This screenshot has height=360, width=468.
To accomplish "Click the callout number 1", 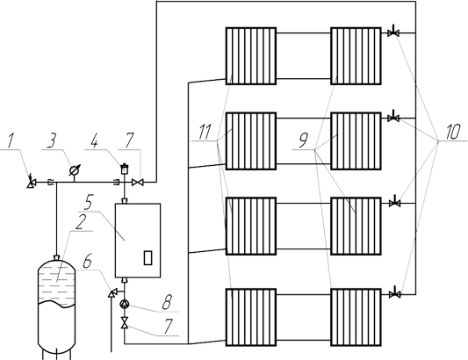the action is [x=11, y=140].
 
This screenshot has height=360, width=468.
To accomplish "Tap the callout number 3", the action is [x=52, y=140].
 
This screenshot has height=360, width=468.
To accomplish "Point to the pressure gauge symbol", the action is [x=74, y=170].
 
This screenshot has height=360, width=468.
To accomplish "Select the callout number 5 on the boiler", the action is [x=88, y=202].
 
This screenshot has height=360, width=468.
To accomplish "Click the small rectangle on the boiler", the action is [x=148, y=258].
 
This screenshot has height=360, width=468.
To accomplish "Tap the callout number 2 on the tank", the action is [x=81, y=222].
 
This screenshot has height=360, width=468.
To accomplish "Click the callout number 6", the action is [x=87, y=262].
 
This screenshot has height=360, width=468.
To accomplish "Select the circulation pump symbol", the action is [x=124, y=304].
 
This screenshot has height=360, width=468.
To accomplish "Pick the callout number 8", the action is [x=167, y=301].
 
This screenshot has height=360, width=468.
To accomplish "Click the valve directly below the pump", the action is [x=124, y=323].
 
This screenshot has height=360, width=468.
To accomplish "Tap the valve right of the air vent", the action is [x=138, y=182].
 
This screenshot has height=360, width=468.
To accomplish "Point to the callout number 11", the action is [x=205, y=132].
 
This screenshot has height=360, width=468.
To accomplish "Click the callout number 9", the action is [x=303, y=140].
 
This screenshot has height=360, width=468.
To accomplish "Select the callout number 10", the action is [x=453, y=132].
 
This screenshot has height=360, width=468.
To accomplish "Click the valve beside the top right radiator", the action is [x=393, y=32].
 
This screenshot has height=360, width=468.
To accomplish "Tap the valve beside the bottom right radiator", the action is [x=395, y=294].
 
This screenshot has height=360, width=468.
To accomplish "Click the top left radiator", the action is [x=251, y=56].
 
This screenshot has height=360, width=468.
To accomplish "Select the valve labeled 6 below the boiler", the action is [x=112, y=293].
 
